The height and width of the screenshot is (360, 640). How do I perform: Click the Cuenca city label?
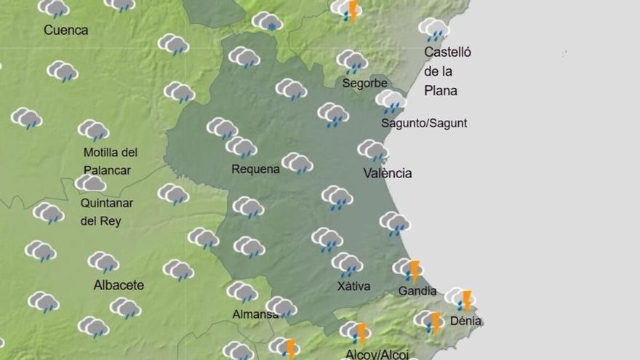click(x=65, y=31)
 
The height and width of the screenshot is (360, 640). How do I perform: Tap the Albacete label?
click(x=119, y=285)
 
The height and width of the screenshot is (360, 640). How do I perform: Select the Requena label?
click(x=255, y=169)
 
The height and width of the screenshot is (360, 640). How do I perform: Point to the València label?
click(x=388, y=173)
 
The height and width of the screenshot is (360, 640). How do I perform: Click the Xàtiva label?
click(x=353, y=287)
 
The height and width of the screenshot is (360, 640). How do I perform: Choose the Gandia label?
click(x=417, y=292)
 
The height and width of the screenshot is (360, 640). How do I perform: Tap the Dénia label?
click(x=465, y=321)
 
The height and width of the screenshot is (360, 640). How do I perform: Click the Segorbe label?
click(x=364, y=83)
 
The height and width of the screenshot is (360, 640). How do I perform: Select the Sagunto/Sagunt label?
click(x=424, y=123)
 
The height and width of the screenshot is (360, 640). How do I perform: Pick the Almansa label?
click(x=255, y=314)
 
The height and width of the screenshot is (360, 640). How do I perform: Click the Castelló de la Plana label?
click(x=447, y=71)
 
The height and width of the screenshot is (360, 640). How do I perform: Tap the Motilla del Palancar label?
click(x=111, y=161)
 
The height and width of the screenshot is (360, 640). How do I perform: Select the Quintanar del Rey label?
click(x=100, y=212)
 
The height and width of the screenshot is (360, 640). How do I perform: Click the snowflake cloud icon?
click(x=267, y=22)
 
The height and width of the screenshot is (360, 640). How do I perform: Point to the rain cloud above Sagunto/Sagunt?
click(x=391, y=100)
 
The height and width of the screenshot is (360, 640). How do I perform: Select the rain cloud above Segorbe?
click(x=352, y=60)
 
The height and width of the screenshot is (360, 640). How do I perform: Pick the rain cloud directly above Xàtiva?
click(x=347, y=263)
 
